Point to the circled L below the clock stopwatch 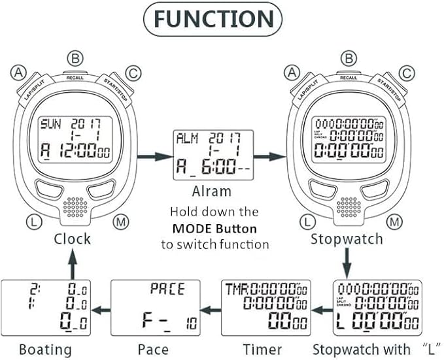click(34, 222)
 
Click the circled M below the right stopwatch click(393, 222)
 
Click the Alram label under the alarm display click(211, 191)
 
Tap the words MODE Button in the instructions click(214, 229)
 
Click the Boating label click(45, 349)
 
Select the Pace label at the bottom click(153, 349)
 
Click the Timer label click(262, 349)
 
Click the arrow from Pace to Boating click(101, 309)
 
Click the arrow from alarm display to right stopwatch click(270, 157)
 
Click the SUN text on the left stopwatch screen click(49, 123)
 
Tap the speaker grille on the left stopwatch click(76, 207)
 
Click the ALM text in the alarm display click(185, 138)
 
